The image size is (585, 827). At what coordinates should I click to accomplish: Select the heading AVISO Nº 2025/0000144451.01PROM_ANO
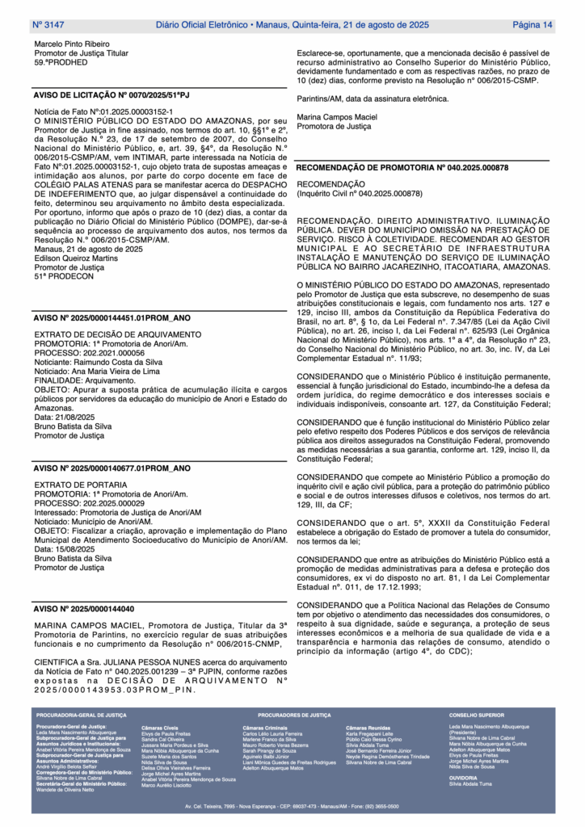(x=112, y=318)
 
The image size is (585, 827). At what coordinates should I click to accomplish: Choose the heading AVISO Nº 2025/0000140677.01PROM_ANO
(x=112, y=468)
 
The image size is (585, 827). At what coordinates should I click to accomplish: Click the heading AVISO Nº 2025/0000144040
(x=84, y=608)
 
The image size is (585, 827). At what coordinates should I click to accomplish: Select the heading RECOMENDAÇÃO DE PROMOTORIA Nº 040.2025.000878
(x=402, y=167)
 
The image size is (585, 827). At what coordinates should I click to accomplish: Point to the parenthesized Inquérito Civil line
(x=360, y=194)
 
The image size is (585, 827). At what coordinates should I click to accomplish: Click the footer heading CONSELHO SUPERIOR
(x=476, y=716)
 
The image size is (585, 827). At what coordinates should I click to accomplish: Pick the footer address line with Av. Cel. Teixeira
(x=292, y=806)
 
